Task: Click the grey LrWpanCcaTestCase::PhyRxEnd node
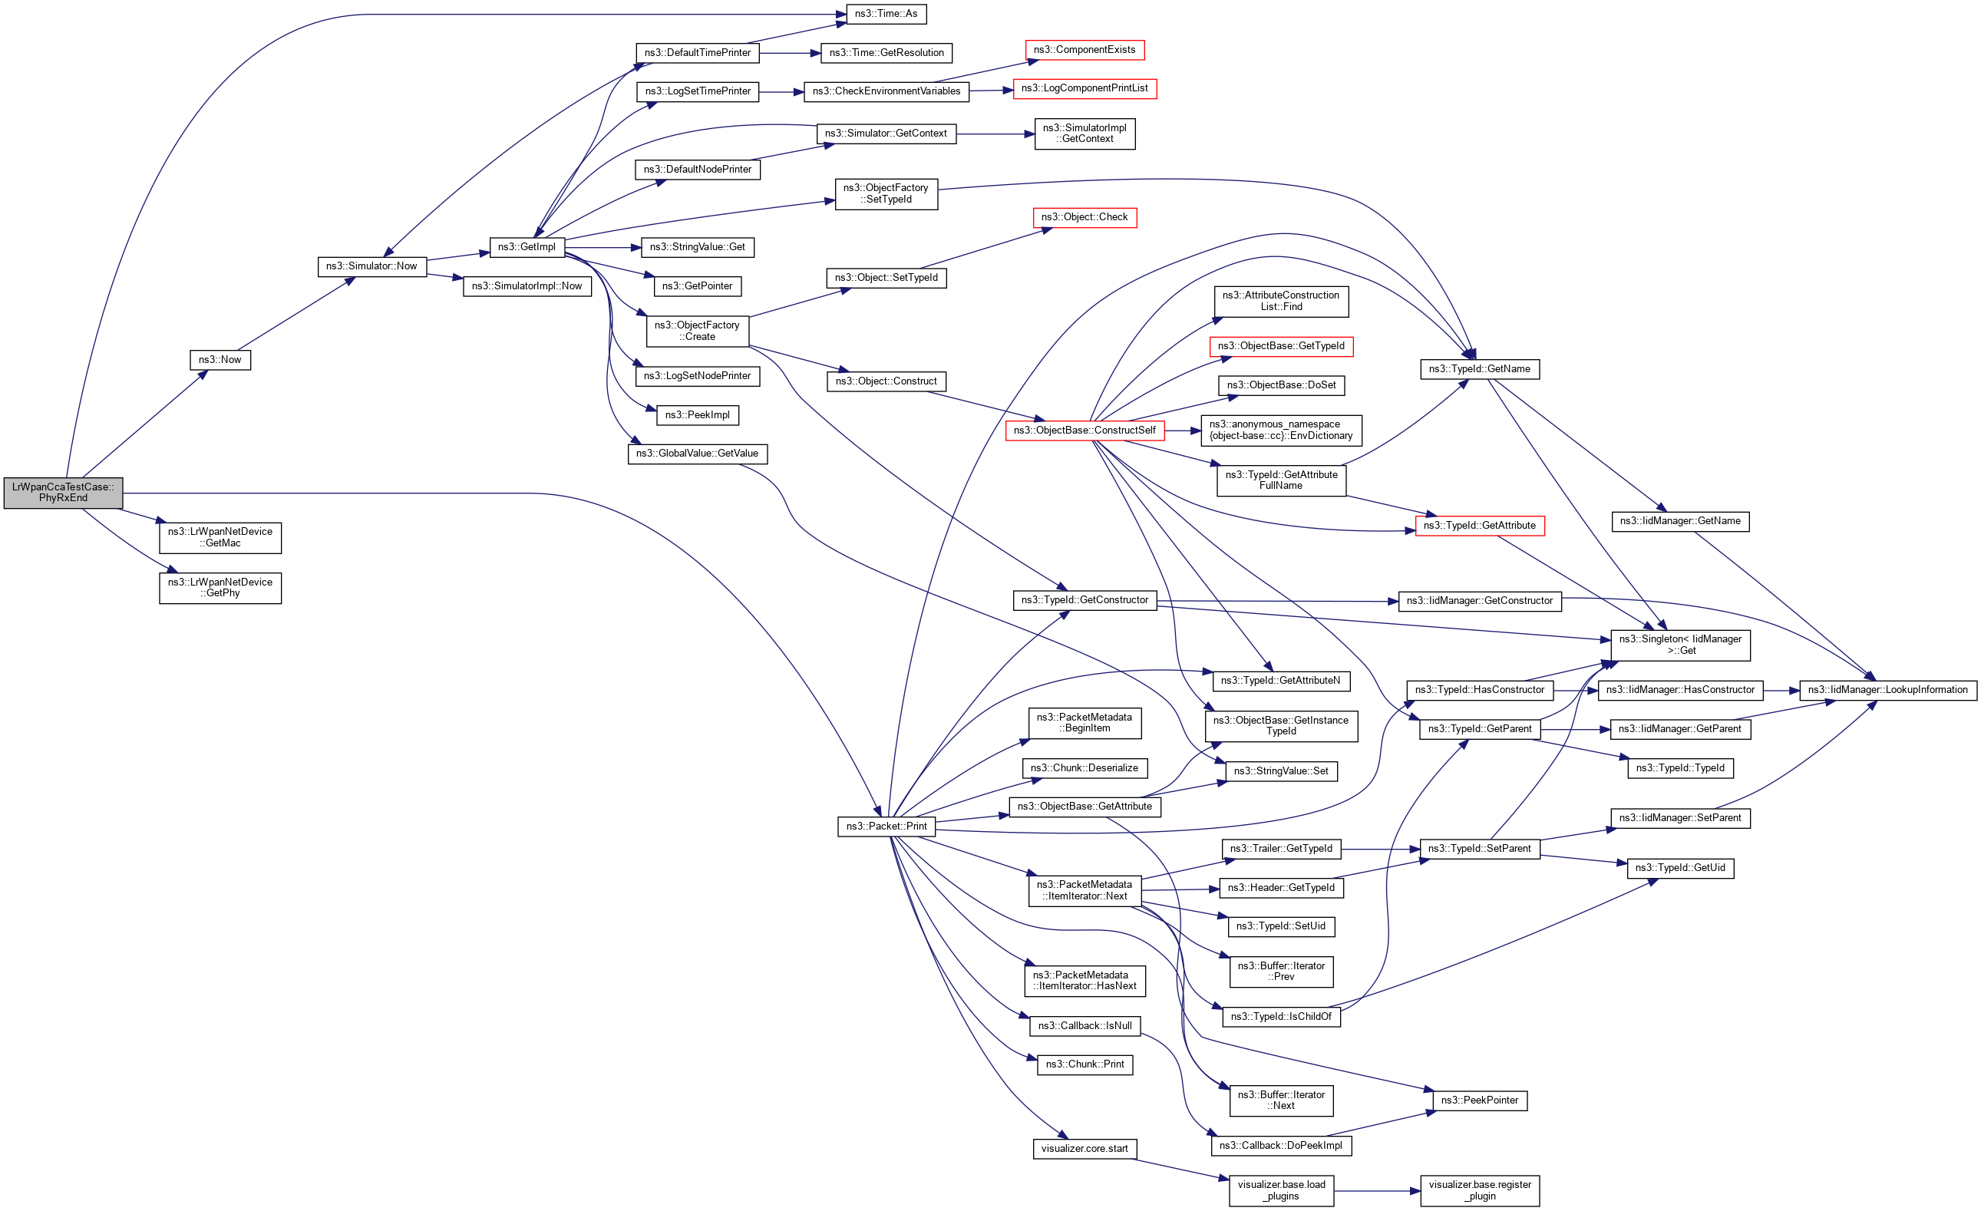click(63, 492)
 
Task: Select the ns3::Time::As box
click(886, 14)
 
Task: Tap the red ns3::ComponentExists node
click(1084, 50)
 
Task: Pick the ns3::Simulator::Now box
click(371, 266)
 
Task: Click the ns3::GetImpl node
click(527, 247)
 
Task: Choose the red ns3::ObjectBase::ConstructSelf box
click(1084, 431)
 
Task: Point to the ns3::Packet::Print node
click(886, 826)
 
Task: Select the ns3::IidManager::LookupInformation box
click(1887, 690)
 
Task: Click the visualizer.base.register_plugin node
click(1479, 1190)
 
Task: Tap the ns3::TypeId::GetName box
click(1479, 369)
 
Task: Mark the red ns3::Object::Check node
click(1084, 217)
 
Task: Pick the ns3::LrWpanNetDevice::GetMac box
click(220, 537)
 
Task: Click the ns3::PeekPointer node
click(1479, 1100)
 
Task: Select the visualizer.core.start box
click(1084, 1148)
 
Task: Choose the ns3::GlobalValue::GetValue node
click(697, 454)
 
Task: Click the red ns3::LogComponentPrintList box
click(1084, 88)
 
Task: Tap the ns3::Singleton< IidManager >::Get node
click(1679, 645)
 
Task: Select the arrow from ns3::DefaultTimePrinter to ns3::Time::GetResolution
click(790, 53)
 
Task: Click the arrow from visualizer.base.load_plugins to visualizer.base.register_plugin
click(1376, 1191)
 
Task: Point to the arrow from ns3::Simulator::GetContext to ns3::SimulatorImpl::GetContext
click(995, 134)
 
